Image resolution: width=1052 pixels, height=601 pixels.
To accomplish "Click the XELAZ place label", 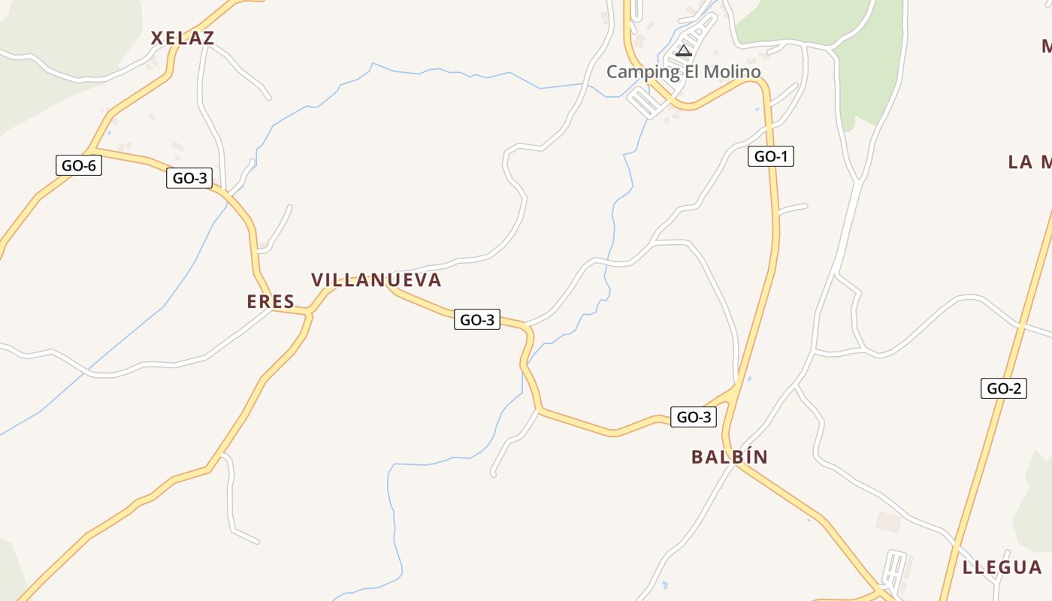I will point(183,38).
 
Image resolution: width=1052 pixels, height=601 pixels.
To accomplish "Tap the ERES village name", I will point(271,301).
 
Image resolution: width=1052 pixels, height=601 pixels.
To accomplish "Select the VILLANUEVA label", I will point(376,279).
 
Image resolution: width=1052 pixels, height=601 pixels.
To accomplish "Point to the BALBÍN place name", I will point(730,457).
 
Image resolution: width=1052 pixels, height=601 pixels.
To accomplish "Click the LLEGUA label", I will point(1002,567).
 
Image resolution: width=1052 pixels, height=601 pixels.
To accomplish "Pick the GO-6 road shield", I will point(79,165).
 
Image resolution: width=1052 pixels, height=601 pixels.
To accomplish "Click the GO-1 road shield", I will point(771,156).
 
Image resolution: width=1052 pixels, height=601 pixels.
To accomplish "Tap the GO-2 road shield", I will point(1003,388).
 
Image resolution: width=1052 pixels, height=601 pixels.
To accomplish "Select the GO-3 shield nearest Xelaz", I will point(189,178).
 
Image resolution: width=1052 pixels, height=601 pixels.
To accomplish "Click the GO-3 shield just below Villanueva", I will point(477,319).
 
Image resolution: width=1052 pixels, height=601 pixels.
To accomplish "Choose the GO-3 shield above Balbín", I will point(693,417).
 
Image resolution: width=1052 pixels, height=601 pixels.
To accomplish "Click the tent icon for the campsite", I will point(683,51).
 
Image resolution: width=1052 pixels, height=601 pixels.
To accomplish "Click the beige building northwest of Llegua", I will point(888,522).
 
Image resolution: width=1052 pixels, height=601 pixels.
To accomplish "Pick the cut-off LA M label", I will point(1029,162).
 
